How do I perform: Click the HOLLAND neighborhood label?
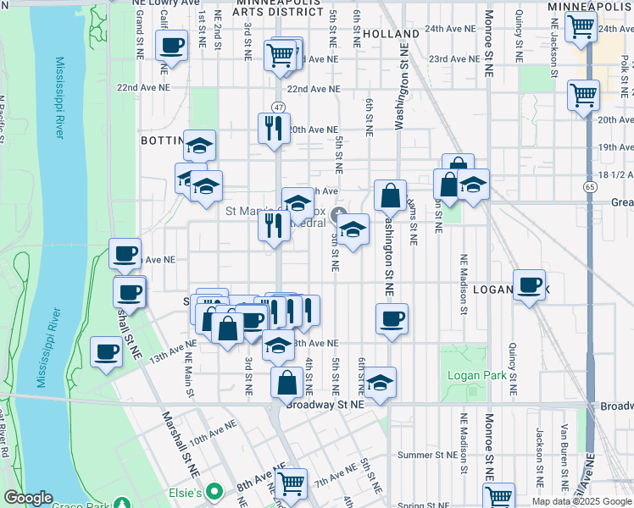(x=389, y=34)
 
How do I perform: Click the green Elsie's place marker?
(x=215, y=491)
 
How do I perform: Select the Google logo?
(x=28, y=498)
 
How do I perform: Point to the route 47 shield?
(x=278, y=107)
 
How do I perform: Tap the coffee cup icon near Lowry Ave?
(x=171, y=46)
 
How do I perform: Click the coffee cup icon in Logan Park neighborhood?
(x=530, y=284)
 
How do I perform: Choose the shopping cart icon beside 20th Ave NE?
(x=583, y=95)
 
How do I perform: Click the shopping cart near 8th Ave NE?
(x=291, y=483)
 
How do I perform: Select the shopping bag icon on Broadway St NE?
(x=287, y=382)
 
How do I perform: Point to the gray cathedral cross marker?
(x=339, y=213)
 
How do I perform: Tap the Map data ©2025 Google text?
(x=581, y=501)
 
